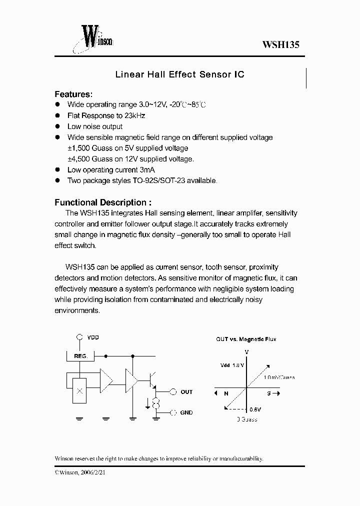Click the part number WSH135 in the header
280,44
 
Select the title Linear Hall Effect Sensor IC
179,74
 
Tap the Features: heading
73,94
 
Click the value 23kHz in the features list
134,115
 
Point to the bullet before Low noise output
57,126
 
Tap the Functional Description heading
102,202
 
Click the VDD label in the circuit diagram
93,337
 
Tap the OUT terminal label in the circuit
186,392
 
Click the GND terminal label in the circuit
186,412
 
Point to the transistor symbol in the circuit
152,380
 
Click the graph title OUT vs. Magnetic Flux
246,339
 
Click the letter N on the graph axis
226,393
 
